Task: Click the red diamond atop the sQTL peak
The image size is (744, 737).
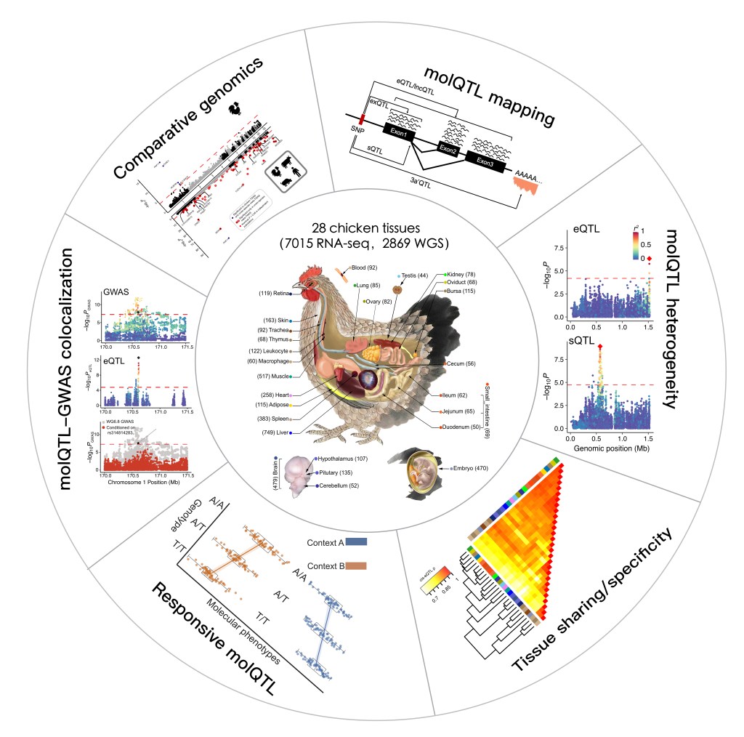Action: pyautogui.click(x=599, y=347)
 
